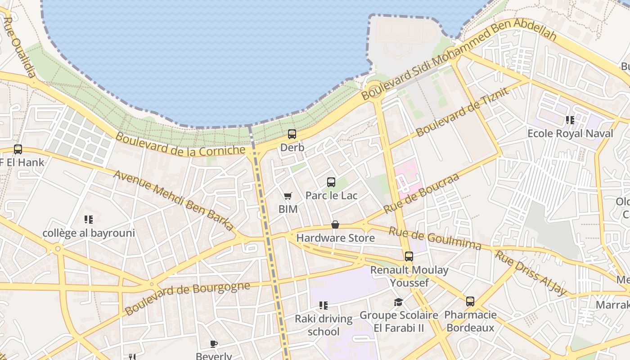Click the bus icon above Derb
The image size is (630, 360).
coord(292,134)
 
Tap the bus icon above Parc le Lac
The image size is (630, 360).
coord(331,182)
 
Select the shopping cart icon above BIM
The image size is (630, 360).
coord(288,196)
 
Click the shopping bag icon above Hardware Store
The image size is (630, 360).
coord(335,225)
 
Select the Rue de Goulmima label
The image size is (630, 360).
coord(435,238)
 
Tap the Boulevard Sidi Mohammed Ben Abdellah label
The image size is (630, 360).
coord(459,59)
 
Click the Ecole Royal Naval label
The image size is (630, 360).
coord(570,133)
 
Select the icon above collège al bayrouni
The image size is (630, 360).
coord(89,220)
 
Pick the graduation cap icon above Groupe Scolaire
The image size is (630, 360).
coord(399,302)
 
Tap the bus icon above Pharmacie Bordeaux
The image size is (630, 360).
coord(470,301)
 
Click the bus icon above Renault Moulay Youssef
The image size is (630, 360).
coord(409,256)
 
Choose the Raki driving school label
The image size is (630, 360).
coord(324,325)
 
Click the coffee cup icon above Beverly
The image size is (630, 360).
coord(214,344)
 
